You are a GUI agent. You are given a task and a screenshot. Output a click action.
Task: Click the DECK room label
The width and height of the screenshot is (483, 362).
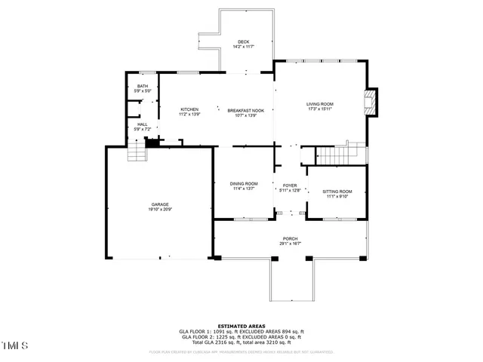click(243, 41)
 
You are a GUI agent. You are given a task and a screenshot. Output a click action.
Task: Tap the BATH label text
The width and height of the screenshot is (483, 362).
click(143, 86)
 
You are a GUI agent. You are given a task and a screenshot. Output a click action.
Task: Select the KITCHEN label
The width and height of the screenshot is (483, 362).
click(189, 110)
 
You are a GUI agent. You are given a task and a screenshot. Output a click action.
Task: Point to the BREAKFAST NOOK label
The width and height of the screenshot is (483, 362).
click(247, 110)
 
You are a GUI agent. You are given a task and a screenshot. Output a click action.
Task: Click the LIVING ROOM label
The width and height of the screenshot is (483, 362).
click(319, 104)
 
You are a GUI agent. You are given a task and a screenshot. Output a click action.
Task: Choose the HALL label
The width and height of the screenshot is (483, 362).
click(143, 124)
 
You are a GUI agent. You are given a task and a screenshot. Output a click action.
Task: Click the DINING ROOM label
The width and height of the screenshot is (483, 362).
click(244, 183)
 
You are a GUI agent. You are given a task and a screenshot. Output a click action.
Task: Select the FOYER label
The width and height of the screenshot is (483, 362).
click(291, 186)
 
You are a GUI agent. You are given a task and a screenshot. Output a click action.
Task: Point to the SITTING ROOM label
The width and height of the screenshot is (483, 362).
click(335, 192)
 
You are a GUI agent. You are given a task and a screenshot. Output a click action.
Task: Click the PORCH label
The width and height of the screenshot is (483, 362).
click(291, 238)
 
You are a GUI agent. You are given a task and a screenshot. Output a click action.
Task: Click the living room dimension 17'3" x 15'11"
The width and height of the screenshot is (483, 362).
click(319, 109)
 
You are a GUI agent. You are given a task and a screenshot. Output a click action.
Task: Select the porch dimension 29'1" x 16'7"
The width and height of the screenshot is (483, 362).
click(291, 244)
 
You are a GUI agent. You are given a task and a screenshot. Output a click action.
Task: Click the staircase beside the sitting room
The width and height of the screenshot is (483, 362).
click(332, 155)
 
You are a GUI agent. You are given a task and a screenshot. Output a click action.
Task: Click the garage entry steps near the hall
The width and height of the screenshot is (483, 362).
click(136, 155)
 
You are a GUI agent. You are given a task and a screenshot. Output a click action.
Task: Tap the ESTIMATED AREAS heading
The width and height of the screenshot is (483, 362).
click(241, 326)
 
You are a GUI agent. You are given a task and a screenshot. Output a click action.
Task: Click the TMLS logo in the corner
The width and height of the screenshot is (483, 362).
click(14, 346)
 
